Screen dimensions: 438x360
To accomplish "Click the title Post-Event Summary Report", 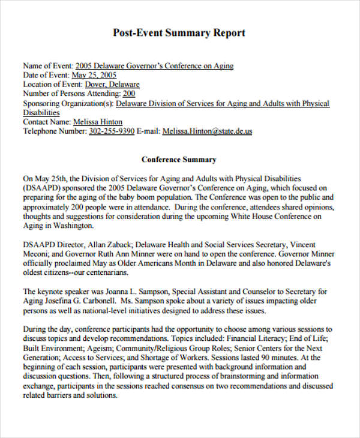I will pyautogui.click(x=179, y=33).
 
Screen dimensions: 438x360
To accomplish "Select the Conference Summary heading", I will pyautogui.click(x=179, y=160).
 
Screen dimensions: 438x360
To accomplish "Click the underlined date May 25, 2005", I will pyautogui.click(x=94, y=76).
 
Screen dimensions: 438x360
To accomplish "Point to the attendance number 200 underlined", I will pyautogui.click(x=129, y=94).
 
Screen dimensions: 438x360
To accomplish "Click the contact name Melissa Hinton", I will pyautogui.click(x=98, y=122).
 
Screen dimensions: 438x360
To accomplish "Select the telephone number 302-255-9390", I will pyautogui.click(x=112, y=131).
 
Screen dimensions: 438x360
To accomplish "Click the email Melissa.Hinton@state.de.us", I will pyautogui.click(x=207, y=131).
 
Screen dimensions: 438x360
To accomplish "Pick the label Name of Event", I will pyautogui.click(x=47, y=66).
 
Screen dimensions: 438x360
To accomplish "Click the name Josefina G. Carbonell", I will pyautogui.click(x=82, y=301).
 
